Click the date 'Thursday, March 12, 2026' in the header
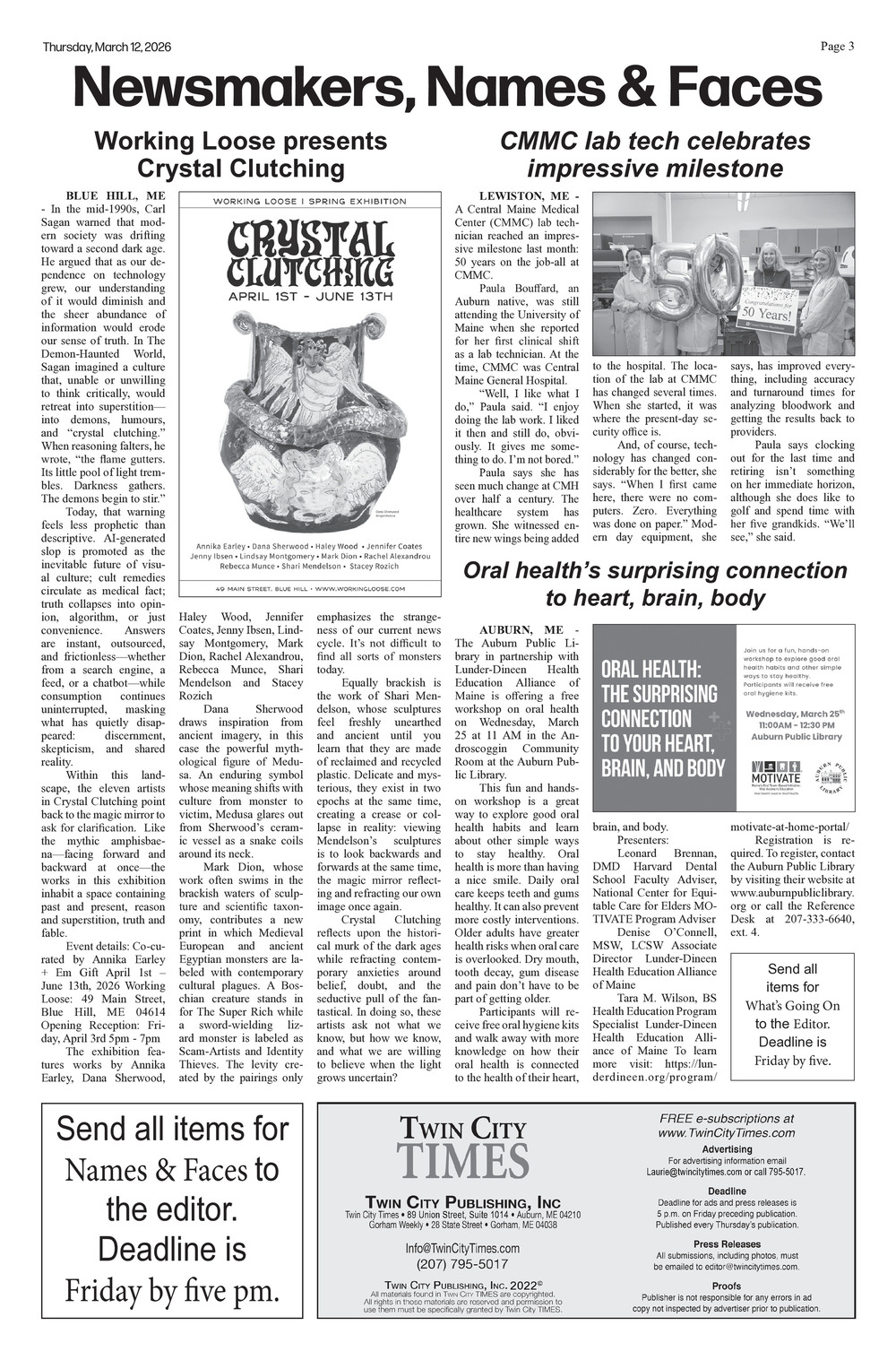[x=107, y=48]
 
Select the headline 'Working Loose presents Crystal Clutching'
[x=240, y=154]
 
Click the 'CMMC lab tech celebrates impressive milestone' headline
[x=654, y=154]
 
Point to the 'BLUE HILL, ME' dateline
[x=116, y=195]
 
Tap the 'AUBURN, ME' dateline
[x=520, y=630]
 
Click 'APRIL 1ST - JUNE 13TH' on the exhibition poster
[x=310, y=296]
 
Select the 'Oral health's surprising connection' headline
[x=654, y=584]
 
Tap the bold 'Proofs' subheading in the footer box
[x=726, y=1286]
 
